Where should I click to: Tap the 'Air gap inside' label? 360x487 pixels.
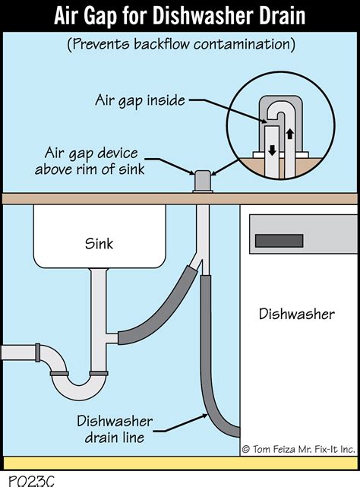pyautogui.click(x=138, y=100)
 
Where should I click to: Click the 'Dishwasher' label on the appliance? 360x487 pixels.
pyautogui.click(x=296, y=313)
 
